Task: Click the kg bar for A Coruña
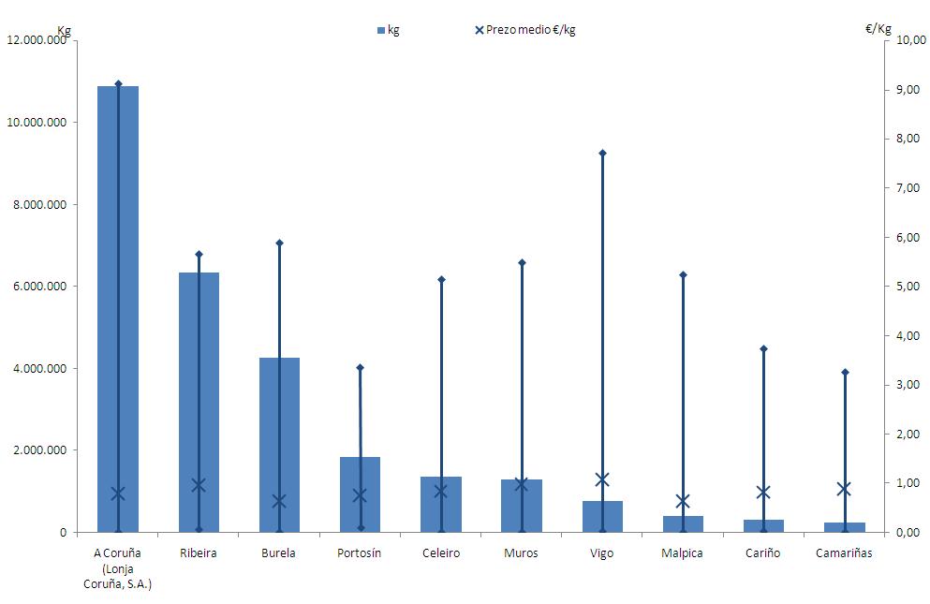pos(118,309)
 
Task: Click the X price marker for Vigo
pos(602,479)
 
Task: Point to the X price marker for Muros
pos(522,484)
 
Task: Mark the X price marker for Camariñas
pos(844,489)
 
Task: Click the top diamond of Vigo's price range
pos(602,153)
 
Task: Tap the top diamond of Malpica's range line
pos(683,274)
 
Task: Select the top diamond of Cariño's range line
pos(763,348)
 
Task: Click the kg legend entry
pos(388,30)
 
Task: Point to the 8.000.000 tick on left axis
pos(45,204)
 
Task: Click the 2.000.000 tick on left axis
pos(45,450)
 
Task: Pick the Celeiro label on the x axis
pos(441,553)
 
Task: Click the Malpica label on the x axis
pos(683,553)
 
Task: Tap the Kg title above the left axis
pos(64,30)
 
